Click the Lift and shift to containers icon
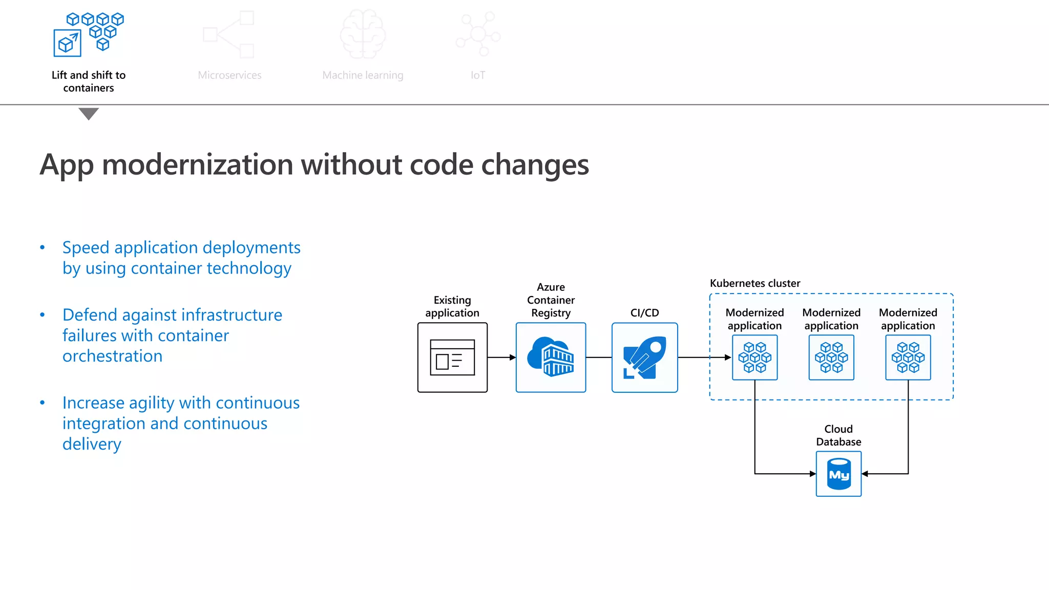click(89, 34)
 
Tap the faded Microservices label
click(229, 75)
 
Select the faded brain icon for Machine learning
click(363, 34)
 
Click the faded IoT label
click(478, 75)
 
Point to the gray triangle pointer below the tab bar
click(89, 113)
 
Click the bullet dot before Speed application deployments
click(43, 248)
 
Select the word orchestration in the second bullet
click(112, 356)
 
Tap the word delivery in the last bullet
click(92, 444)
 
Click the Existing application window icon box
click(452, 357)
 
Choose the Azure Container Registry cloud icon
click(551, 357)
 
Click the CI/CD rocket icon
click(644, 357)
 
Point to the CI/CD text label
click(644, 313)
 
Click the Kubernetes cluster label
click(754, 283)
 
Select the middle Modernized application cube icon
click(831, 357)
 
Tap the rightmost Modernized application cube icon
click(908, 357)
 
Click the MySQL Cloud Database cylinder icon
click(838, 474)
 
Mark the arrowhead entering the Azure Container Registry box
click(512, 357)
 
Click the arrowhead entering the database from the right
click(865, 474)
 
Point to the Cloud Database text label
click(838, 435)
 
